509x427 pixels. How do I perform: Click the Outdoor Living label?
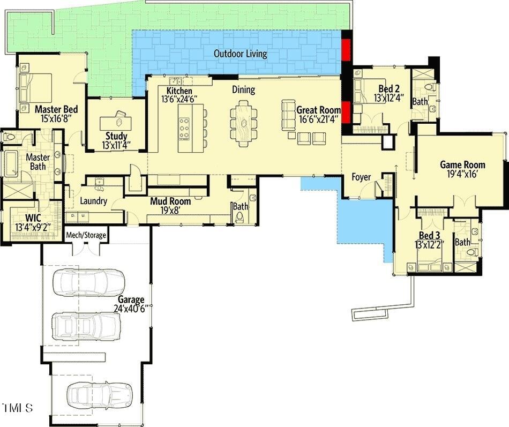[240, 54]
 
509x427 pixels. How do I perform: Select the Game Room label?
[462, 164]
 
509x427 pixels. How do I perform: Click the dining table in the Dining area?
[243, 123]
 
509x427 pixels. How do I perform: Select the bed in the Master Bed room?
[36, 88]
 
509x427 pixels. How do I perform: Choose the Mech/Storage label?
[86, 235]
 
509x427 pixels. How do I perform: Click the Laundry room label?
[93, 201]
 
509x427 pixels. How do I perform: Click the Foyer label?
[361, 177]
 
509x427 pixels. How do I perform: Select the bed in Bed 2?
[366, 92]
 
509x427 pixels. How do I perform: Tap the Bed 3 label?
[430, 236]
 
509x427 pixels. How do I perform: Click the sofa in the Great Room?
[289, 113]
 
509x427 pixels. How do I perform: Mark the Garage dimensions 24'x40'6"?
[130, 309]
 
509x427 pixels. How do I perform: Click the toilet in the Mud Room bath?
[239, 217]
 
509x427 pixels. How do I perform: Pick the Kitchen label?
[179, 91]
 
